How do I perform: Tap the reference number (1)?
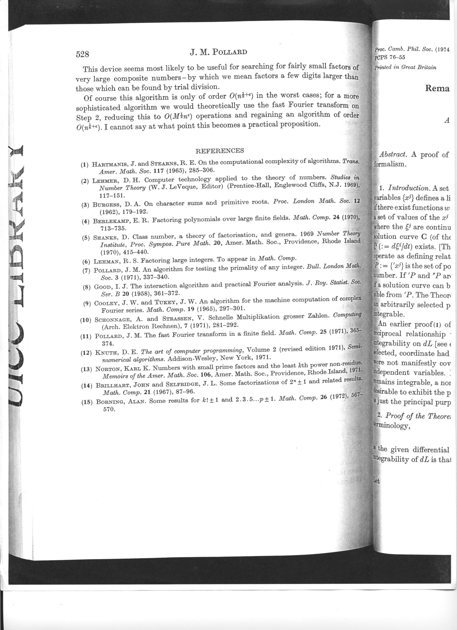point(84,165)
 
